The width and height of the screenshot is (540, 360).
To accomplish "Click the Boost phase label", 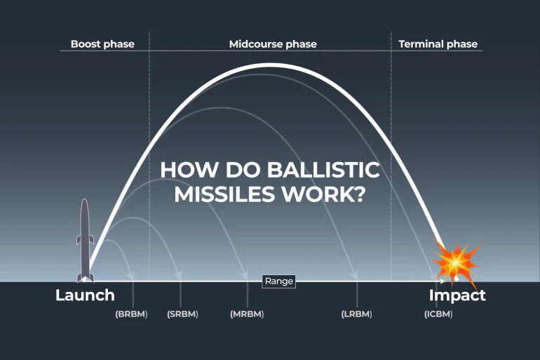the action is coord(102,44).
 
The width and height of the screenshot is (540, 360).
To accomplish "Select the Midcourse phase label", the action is coord(273,44).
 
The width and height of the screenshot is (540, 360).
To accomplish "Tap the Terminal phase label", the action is coord(438,44).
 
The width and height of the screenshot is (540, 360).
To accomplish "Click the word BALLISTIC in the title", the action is coord(323,170).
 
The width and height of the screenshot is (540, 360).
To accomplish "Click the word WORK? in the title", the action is coord(323,194).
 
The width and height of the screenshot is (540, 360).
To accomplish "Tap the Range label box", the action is coord(279,281).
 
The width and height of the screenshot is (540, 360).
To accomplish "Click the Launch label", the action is coord(85,295).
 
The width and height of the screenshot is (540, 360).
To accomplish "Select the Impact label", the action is coord(457,295).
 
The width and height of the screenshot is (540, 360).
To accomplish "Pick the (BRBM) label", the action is coord(131,314).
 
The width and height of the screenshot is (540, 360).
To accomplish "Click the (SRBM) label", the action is coord(182,314).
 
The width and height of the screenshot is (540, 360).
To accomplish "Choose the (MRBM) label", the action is coord(247,314).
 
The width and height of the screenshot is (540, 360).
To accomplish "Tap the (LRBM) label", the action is coord(356,314).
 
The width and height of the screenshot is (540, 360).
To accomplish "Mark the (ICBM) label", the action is coord(438,314).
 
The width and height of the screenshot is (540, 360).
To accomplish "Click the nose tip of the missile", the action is coord(85,199).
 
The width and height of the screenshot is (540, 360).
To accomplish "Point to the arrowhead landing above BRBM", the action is coord(131,275).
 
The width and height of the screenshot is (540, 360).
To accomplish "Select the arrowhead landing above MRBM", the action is coord(245,275).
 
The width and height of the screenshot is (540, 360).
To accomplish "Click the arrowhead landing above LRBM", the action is coord(354,274).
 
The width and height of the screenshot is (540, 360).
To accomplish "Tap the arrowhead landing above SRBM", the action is coord(178,275).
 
